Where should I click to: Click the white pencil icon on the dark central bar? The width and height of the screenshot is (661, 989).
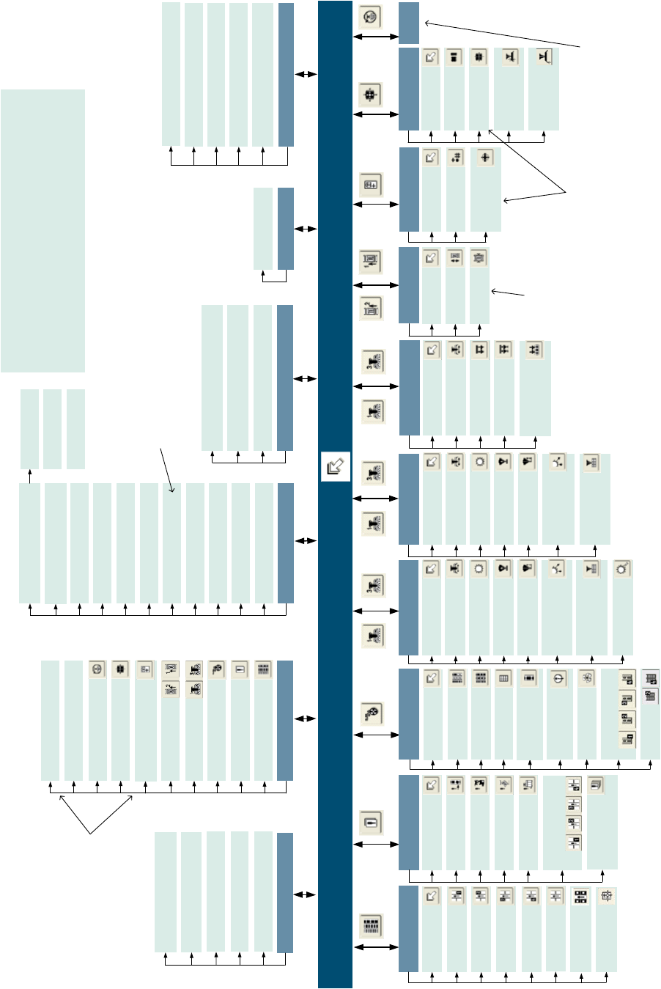click(x=335, y=466)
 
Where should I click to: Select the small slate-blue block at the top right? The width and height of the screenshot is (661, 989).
click(x=409, y=23)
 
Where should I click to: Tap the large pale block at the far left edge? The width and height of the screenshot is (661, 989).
click(x=43, y=230)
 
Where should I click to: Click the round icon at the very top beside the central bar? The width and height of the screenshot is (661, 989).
click(x=370, y=16)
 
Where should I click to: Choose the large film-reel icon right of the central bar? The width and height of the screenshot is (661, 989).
click(x=372, y=713)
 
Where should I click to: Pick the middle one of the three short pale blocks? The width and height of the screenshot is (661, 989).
click(x=52, y=429)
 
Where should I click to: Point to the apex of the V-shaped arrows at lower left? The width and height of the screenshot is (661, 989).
click(x=91, y=834)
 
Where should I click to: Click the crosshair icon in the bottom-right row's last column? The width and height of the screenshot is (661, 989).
click(x=606, y=895)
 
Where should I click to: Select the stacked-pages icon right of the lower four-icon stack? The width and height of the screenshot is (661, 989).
click(x=595, y=785)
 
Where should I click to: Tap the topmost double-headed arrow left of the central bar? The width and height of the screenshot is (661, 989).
click(x=306, y=74)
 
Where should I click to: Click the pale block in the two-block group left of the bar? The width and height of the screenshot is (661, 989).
click(x=263, y=228)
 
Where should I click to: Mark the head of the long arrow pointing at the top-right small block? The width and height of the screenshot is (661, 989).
click(x=426, y=23)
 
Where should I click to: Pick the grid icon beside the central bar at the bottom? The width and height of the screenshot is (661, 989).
click(x=372, y=925)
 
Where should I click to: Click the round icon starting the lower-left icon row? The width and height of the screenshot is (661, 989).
click(x=97, y=669)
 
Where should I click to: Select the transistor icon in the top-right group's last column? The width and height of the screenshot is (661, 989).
click(x=543, y=57)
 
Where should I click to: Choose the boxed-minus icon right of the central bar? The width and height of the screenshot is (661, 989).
click(x=372, y=822)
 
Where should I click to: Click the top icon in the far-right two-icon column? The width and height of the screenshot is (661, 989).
click(x=649, y=678)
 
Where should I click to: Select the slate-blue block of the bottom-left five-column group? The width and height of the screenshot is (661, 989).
click(x=285, y=892)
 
